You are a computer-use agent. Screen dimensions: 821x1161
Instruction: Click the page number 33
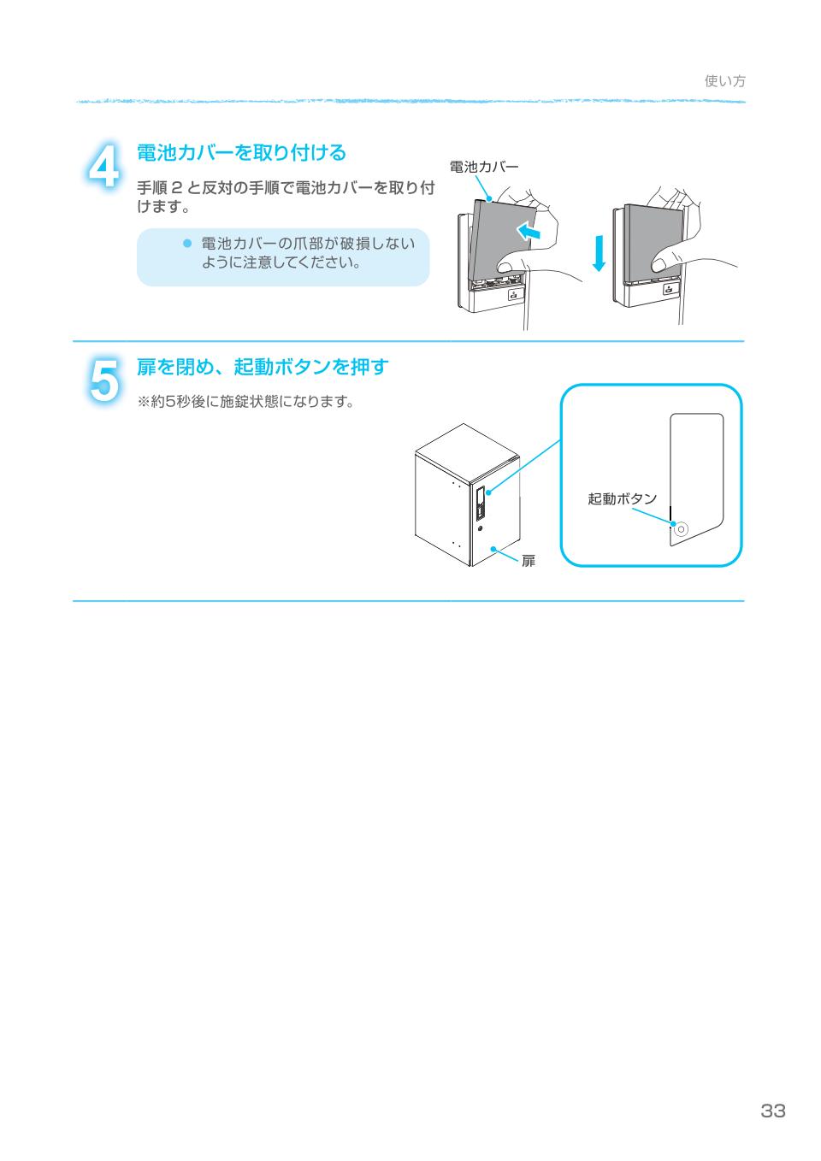click(x=772, y=1111)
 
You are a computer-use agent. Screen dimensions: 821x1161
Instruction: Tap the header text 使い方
click(x=724, y=81)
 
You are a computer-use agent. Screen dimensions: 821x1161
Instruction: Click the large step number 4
click(x=103, y=166)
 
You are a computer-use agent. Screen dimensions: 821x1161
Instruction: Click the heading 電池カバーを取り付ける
click(x=241, y=153)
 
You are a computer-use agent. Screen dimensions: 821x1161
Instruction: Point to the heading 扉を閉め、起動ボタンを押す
click(x=263, y=367)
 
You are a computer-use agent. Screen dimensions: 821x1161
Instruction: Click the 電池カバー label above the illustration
click(x=483, y=167)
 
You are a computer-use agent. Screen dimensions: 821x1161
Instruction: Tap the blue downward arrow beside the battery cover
click(x=599, y=253)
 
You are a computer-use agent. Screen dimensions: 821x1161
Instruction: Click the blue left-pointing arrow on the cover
click(x=529, y=231)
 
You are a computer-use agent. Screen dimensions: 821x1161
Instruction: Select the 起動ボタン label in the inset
click(x=622, y=498)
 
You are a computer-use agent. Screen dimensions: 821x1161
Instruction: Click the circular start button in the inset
click(x=681, y=529)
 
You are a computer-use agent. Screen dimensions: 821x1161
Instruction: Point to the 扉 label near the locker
click(x=529, y=561)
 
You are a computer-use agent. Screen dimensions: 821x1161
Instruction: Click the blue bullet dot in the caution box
click(x=187, y=243)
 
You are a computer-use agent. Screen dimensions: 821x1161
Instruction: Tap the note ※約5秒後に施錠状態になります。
click(x=245, y=401)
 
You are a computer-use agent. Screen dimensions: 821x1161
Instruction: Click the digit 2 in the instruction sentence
click(x=176, y=187)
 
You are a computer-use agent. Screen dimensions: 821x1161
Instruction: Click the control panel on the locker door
click(x=481, y=503)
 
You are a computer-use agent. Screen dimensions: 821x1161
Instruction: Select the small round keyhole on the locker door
click(x=481, y=528)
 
